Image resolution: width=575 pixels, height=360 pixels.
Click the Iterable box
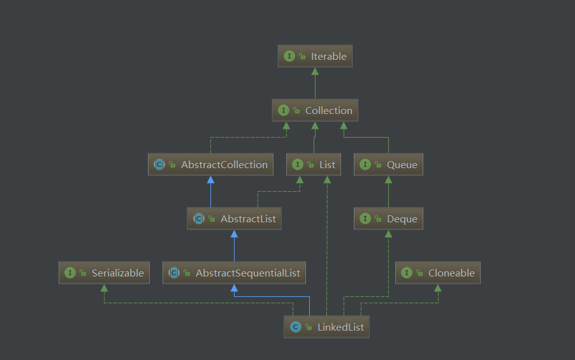pyautogui.click(x=315, y=56)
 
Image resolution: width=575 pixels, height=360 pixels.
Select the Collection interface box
pyautogui.click(x=315, y=110)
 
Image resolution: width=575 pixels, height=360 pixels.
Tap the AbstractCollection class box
pyautogui.click(x=210, y=164)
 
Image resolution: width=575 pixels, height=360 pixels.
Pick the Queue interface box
pyautogui.click(x=388, y=164)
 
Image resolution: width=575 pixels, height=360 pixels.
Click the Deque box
pyautogui.click(x=388, y=219)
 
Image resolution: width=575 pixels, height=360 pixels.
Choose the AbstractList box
pyautogui.click(x=235, y=219)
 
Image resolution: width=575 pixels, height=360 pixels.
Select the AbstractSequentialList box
pyautogui.click(x=235, y=273)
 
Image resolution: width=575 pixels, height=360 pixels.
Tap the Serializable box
pyautogui.click(x=104, y=273)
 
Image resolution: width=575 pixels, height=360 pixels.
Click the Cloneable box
pyautogui.click(x=438, y=273)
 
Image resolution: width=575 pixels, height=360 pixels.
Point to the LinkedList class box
pyautogui.click(x=327, y=327)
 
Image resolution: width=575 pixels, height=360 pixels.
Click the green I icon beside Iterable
pyautogui.click(x=289, y=56)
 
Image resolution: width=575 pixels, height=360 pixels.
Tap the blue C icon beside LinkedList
pyautogui.click(x=296, y=327)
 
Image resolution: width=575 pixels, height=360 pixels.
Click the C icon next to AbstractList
pyautogui.click(x=199, y=219)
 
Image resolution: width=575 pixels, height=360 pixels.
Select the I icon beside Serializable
pyautogui.click(x=70, y=273)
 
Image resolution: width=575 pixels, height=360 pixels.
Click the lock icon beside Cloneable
pyautogui.click(x=419, y=273)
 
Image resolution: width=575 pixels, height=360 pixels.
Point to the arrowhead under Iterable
pyautogui.click(x=315, y=71)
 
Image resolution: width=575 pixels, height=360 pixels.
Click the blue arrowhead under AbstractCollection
pyautogui.click(x=210, y=180)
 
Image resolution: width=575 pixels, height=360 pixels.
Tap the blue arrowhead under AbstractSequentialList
pyautogui.click(x=235, y=288)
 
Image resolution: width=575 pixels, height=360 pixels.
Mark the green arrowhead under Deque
pyautogui.click(x=388, y=234)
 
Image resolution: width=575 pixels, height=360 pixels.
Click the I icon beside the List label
pyautogui.click(x=298, y=164)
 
